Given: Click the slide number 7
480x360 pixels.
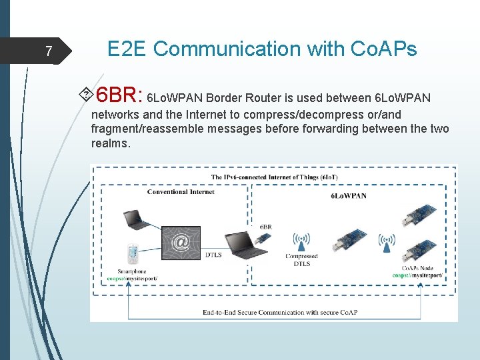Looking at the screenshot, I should click(48, 51).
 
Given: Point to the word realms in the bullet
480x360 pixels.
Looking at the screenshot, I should click(110, 143).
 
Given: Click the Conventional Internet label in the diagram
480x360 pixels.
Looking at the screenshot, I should click(181, 192).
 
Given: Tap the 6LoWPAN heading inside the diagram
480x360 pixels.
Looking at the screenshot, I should click(348, 195).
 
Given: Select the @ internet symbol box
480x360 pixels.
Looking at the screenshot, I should click(181, 242).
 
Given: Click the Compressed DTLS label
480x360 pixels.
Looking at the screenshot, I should click(301, 260).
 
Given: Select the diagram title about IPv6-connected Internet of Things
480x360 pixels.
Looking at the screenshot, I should click(273, 177).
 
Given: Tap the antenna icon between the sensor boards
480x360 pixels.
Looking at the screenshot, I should click(386, 241).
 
